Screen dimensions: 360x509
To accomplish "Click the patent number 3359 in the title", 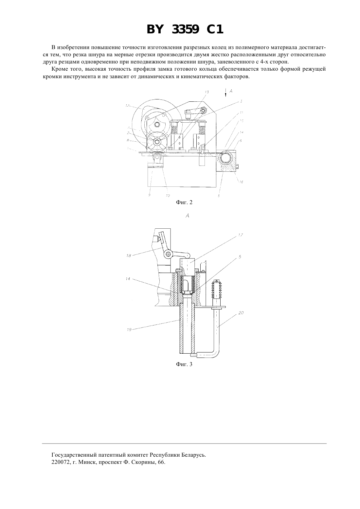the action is point(185,29).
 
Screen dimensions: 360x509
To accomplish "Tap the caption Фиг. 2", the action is point(184,202).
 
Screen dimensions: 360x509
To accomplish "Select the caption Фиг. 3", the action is point(184,364).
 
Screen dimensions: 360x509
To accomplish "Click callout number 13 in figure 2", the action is point(207,92).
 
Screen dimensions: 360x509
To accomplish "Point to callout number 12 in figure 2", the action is point(127,105).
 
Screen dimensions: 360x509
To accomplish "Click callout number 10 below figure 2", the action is point(168,195).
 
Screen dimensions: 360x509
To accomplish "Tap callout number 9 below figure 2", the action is point(149,195).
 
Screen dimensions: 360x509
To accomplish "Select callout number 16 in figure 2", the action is point(241,182).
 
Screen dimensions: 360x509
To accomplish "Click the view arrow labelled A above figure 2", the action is point(226,93).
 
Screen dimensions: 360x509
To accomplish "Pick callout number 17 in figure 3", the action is point(241,235).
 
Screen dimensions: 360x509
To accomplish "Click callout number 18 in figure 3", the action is point(129,255).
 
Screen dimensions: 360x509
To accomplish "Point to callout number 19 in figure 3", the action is point(129,329).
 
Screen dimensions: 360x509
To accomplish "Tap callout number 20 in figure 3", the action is point(241,313).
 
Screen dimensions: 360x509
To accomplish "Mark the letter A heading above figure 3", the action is point(187,216).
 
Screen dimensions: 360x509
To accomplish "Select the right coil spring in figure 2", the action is point(202,130).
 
